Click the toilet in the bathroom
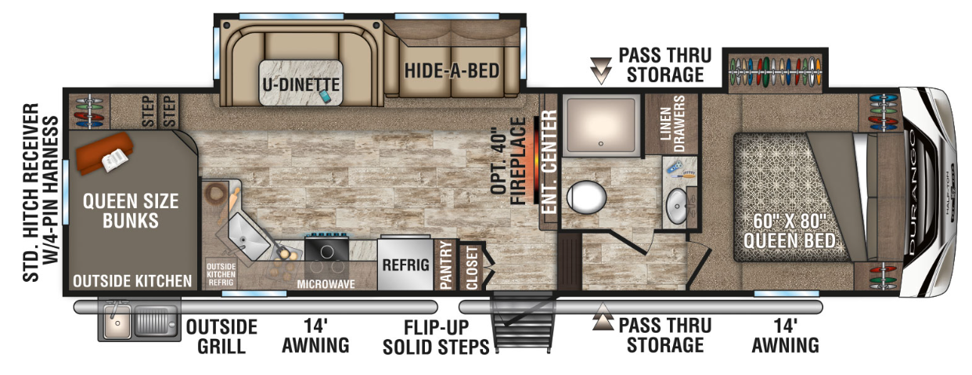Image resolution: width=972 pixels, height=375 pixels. click(x=586, y=197)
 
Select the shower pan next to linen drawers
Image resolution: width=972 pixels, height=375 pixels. click(x=601, y=125)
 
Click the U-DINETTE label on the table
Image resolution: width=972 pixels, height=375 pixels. click(x=301, y=85)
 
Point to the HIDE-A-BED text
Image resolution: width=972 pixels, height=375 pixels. click(x=452, y=70)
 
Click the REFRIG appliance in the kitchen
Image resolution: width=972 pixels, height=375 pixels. click(x=405, y=264)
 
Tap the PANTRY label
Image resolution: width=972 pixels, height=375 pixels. click(x=445, y=265)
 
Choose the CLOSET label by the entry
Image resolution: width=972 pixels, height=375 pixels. click(x=471, y=268)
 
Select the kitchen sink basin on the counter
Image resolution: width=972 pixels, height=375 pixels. click(x=246, y=236)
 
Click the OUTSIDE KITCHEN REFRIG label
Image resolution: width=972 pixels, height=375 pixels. click(x=221, y=274)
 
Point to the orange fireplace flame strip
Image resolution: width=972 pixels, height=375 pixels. click(x=537, y=160)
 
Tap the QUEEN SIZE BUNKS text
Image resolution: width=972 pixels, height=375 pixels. click(x=131, y=211)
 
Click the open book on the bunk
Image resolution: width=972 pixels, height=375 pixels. click(x=114, y=159)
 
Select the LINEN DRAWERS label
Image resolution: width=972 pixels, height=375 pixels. click(x=671, y=124)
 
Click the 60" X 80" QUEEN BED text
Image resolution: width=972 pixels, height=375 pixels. click(x=789, y=231)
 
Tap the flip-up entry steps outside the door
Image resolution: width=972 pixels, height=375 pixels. click(x=524, y=322)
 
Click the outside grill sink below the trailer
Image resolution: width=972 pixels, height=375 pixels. click(x=117, y=322)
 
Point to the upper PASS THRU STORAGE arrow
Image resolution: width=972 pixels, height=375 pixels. click(x=601, y=70)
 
